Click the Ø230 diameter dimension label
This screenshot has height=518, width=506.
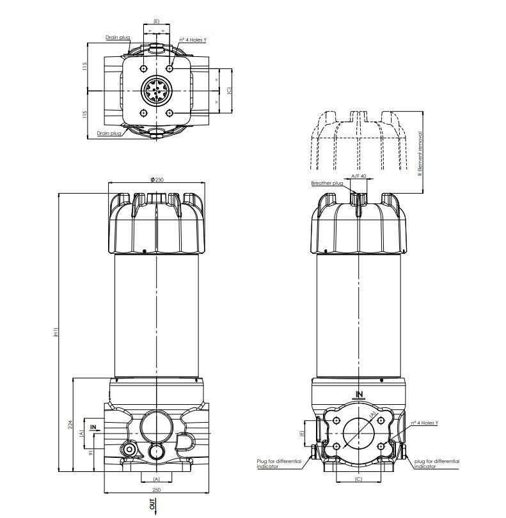click(157, 180)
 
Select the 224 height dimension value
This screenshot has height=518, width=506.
click(72, 424)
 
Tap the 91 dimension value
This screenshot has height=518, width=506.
click(90, 453)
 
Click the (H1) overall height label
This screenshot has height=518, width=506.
click(56, 332)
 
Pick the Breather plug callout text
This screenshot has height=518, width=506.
click(327, 184)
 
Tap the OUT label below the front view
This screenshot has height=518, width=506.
click(152, 505)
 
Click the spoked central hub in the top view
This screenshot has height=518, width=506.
click(157, 90)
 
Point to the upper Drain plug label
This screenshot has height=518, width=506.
click(118, 38)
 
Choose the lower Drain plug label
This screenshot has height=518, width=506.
click(109, 133)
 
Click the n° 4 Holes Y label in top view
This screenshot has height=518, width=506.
click(193, 40)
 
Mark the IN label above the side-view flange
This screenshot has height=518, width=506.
click(359, 394)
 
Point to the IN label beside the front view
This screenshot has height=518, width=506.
click(93, 426)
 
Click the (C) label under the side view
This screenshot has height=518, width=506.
click(358, 479)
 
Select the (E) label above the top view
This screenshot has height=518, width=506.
click(157, 21)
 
